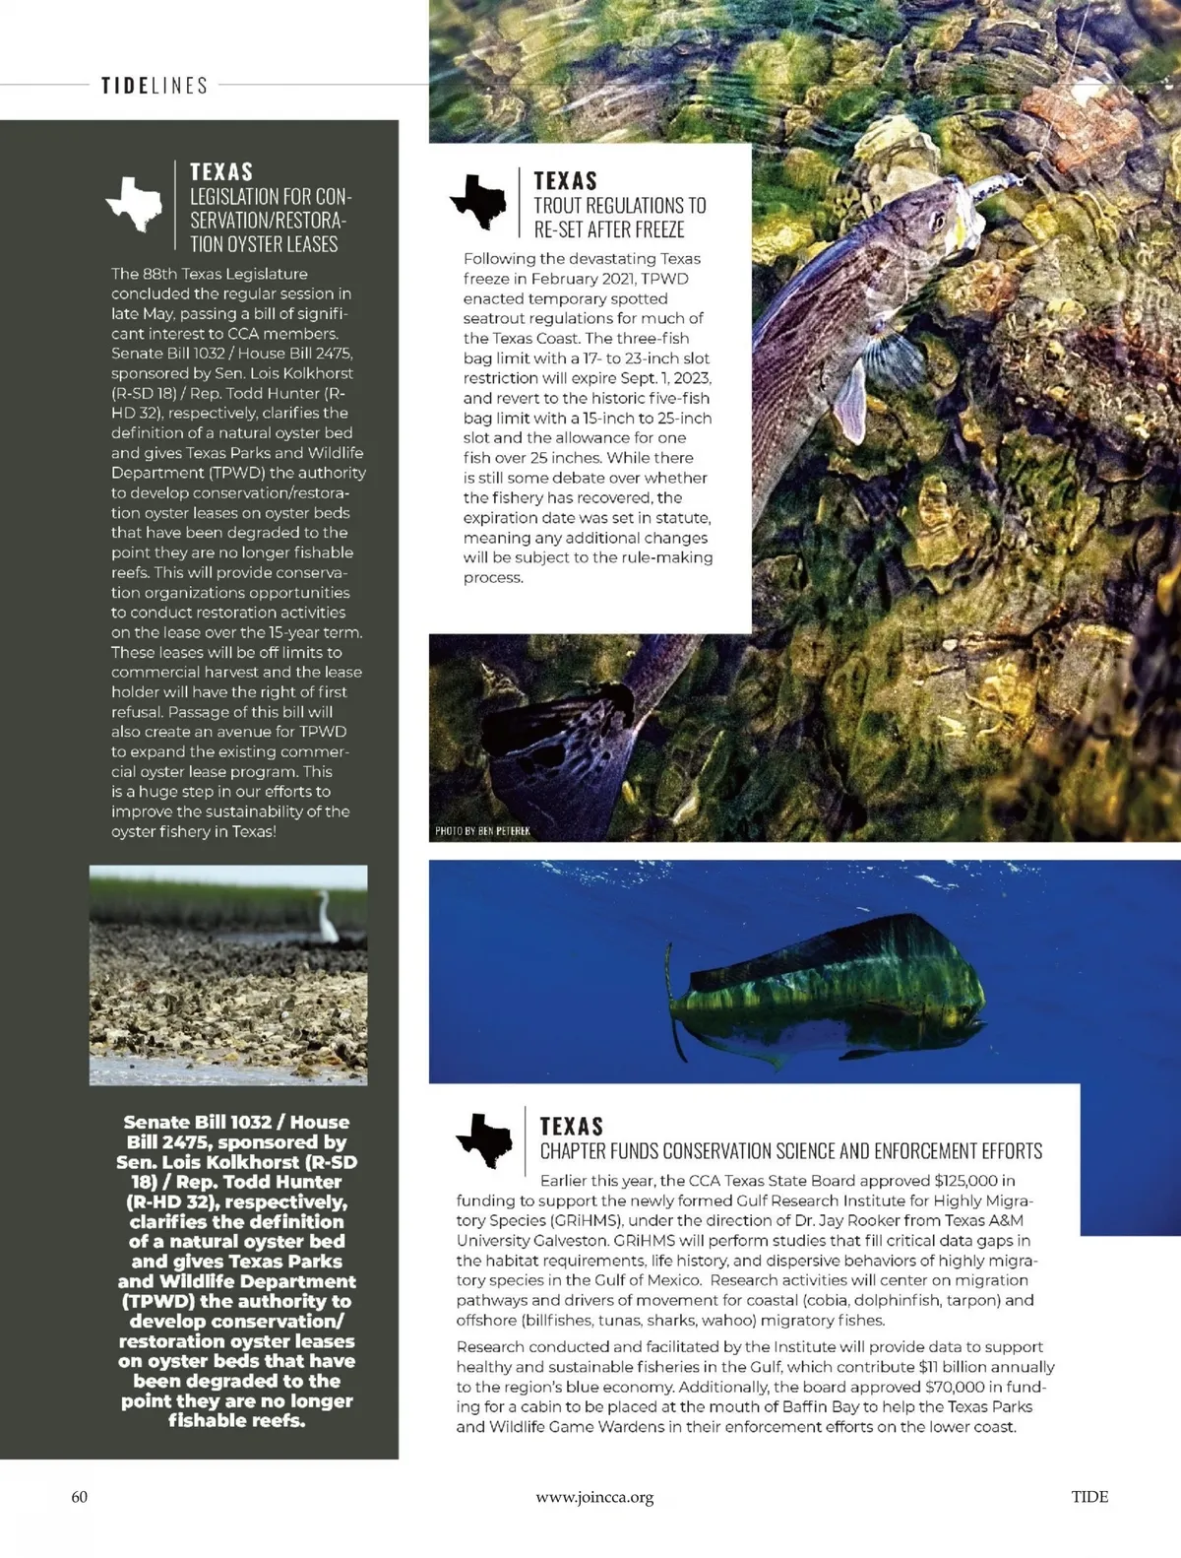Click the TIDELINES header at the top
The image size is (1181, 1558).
pos(155,86)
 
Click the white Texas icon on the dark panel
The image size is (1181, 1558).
pos(134,203)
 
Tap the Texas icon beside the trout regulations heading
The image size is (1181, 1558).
pos(479,201)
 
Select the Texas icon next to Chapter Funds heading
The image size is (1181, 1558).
pos(484,1140)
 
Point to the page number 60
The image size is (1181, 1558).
pos(80,1497)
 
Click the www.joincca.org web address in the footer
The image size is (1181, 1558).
pos(594,1497)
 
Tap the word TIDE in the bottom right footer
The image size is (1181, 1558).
pos(1089,1497)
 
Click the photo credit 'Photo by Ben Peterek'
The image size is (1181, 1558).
pos(482,831)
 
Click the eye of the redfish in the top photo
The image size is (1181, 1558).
pos(939,219)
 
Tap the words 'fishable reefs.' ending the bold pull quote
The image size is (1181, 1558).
pos(236,1420)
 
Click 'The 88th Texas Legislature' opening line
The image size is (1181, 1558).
pos(209,274)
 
